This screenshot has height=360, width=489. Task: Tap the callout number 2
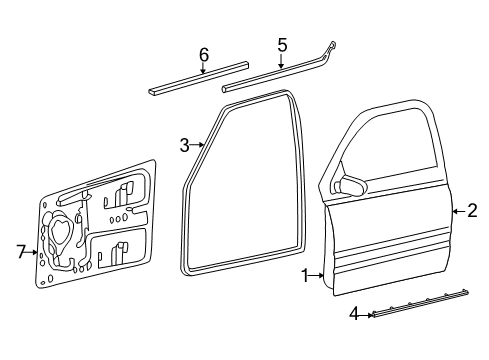click(473, 210)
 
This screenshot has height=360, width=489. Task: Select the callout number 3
click(185, 146)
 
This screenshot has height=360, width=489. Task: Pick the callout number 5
click(282, 44)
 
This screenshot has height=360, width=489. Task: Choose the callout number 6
click(203, 55)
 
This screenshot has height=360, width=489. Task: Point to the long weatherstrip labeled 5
click(270, 77)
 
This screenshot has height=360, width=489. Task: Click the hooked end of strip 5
click(331, 46)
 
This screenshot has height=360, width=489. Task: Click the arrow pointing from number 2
click(459, 210)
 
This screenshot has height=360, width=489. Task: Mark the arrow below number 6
click(203, 69)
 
